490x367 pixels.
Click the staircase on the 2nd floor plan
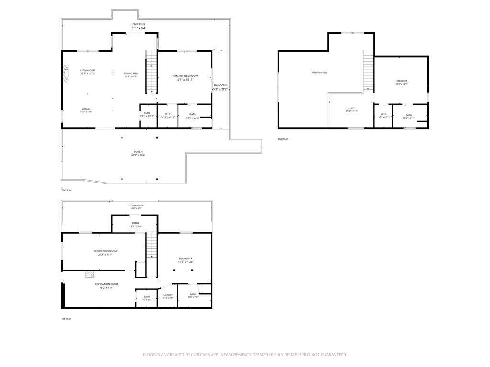(x=152, y=72)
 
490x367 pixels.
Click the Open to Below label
(x=319, y=73)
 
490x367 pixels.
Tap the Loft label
(x=352, y=109)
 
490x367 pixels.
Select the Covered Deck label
(x=136, y=206)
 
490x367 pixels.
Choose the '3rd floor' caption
(x=283, y=139)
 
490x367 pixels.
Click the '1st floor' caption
(x=66, y=318)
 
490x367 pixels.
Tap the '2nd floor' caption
(x=67, y=190)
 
